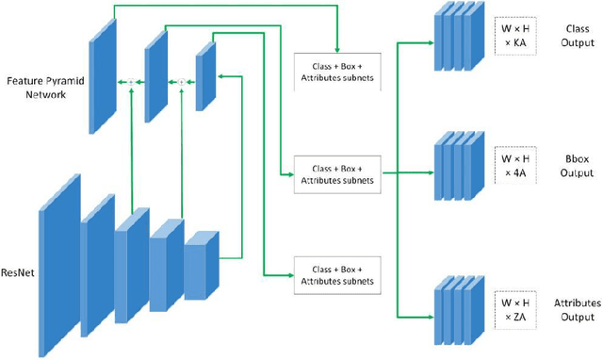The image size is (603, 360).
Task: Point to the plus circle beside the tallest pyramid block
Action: [x=132, y=82]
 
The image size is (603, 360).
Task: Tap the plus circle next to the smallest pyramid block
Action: [x=182, y=82]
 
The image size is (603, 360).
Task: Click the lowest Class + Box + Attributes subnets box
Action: [x=336, y=274]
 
